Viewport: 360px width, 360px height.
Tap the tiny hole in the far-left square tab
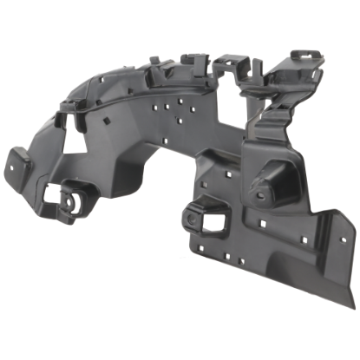(x=16, y=162)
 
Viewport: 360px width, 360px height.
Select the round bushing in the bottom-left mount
(x=69, y=195)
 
